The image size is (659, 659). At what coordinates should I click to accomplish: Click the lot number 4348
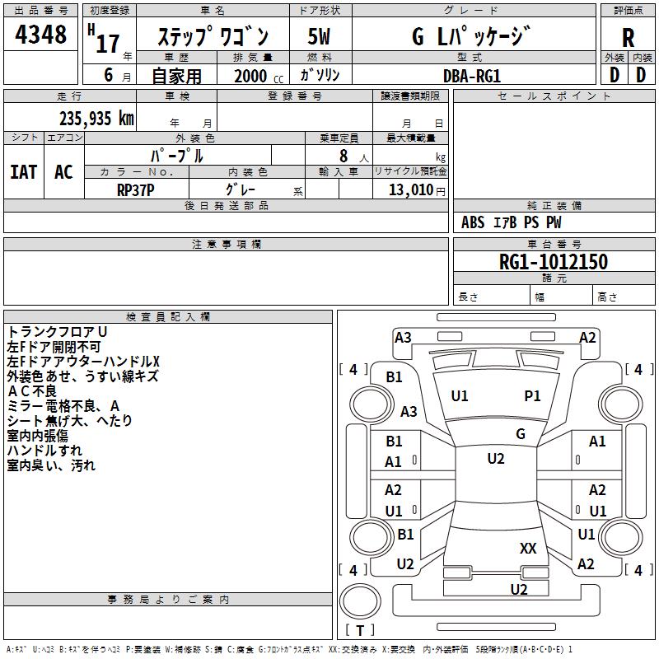[x=41, y=35]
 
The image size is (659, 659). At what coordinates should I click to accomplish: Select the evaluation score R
[x=628, y=37]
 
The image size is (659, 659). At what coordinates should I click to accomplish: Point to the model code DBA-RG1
[x=472, y=75]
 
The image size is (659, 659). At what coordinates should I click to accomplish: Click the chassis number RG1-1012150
[x=554, y=263]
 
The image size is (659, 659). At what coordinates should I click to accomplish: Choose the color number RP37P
[x=136, y=189]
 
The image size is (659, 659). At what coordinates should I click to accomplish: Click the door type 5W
[x=320, y=36]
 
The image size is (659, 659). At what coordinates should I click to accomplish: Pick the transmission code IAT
[x=23, y=172]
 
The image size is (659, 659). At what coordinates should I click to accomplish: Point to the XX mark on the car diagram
[x=528, y=549]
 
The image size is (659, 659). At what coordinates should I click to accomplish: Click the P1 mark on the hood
[x=533, y=396]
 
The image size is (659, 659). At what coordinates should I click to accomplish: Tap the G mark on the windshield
[x=521, y=434]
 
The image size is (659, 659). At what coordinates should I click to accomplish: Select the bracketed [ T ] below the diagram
[x=359, y=630]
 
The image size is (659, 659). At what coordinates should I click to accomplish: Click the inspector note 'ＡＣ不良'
[x=32, y=390]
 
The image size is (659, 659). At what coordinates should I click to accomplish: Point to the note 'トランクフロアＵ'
[x=57, y=331]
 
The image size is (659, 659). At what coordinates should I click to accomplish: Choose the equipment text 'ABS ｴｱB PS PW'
[x=511, y=222]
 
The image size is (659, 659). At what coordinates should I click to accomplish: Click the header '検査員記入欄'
[x=168, y=317]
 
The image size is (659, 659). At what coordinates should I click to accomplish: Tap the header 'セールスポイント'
[x=554, y=96]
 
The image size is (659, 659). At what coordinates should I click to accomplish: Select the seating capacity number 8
[x=342, y=156]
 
